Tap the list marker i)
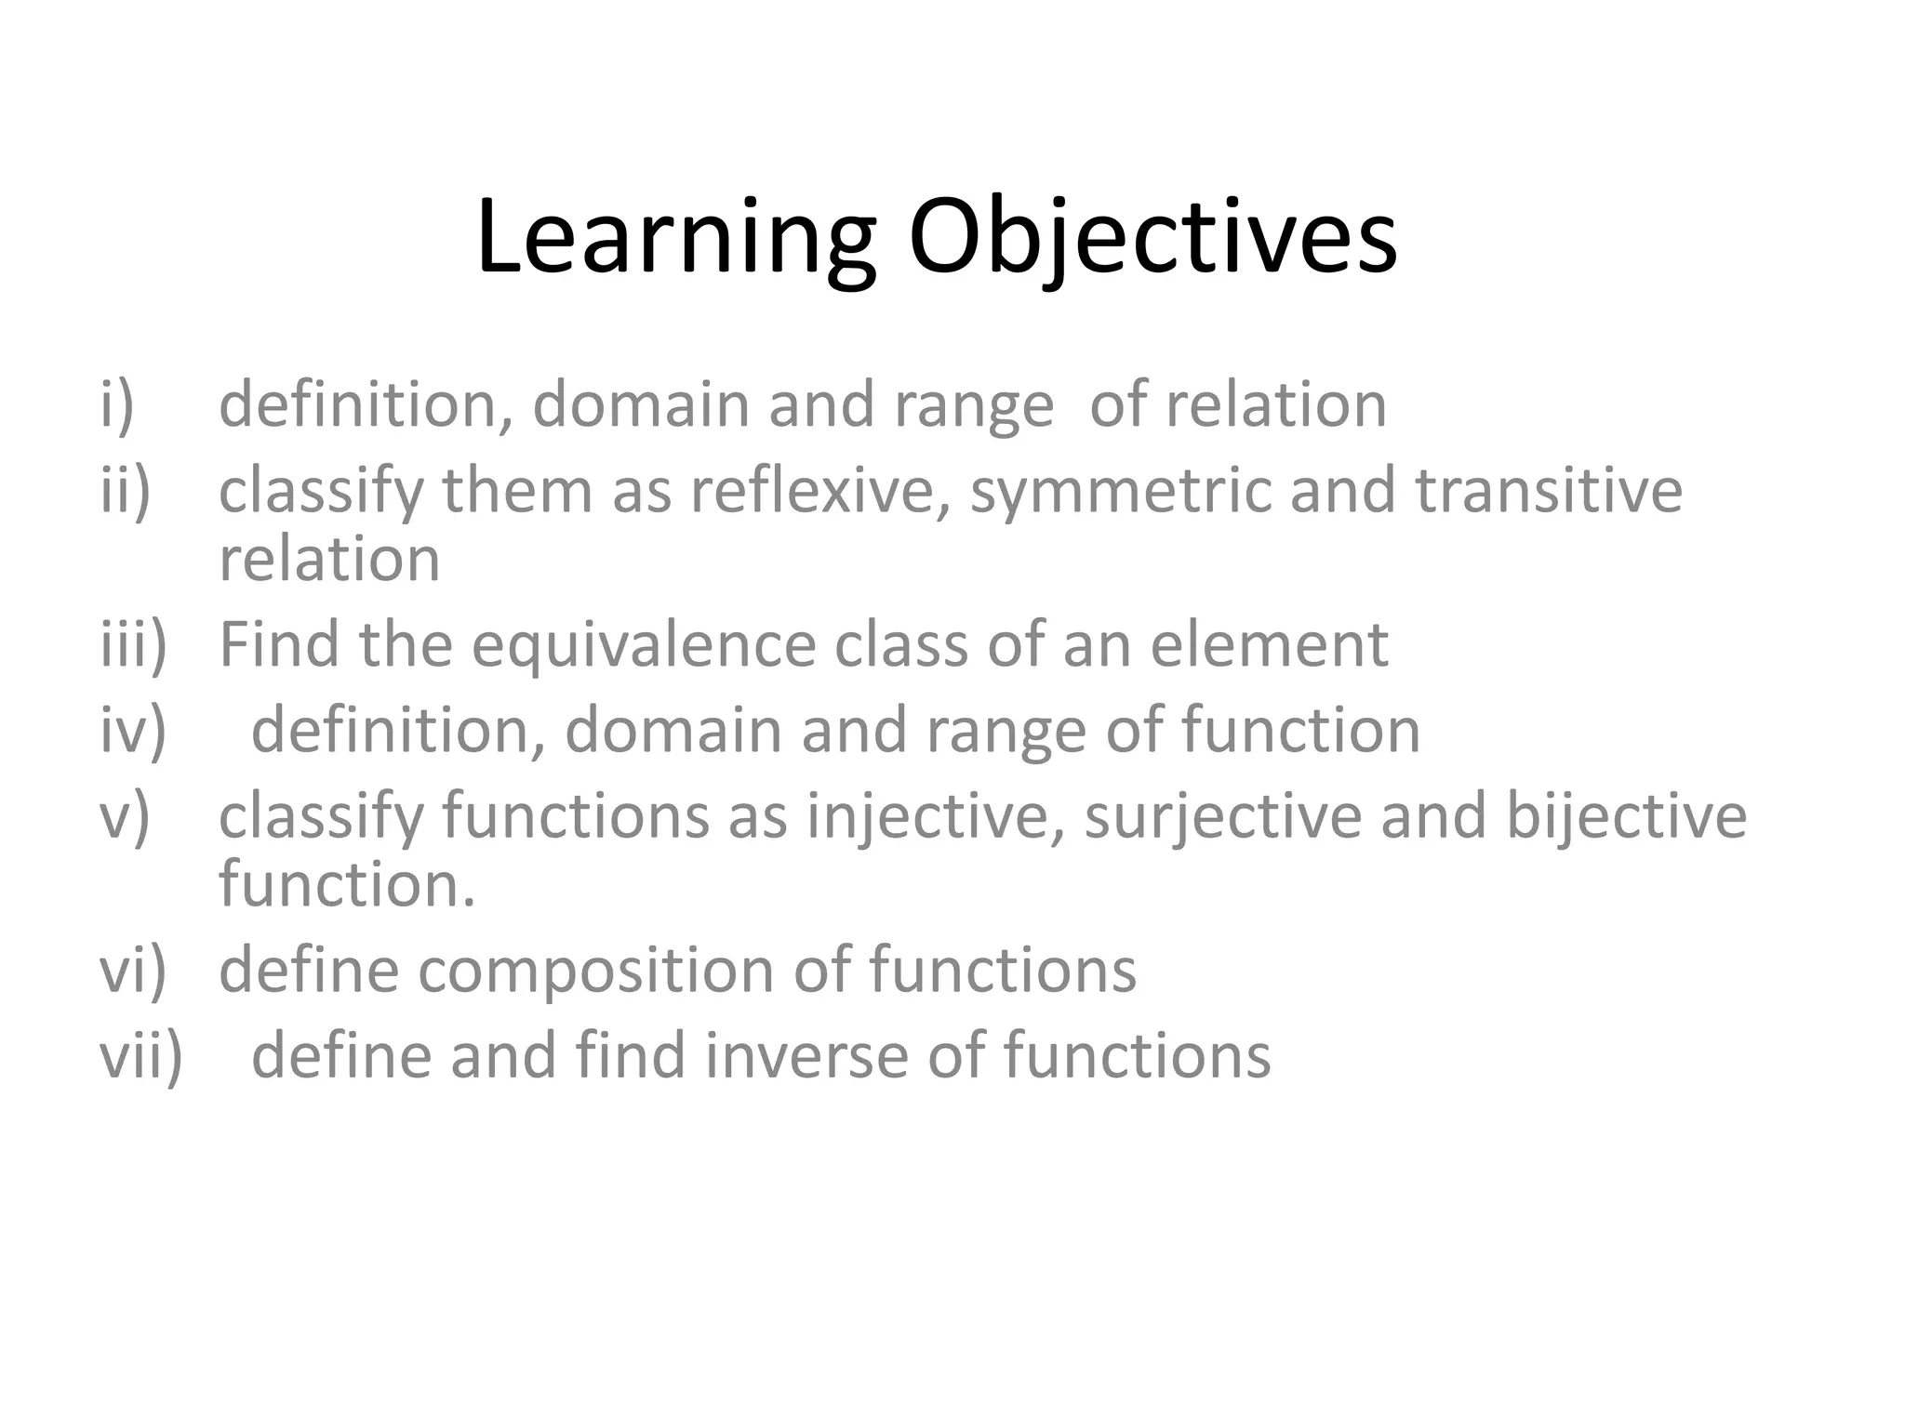pyautogui.click(x=117, y=406)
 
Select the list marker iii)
pyautogui.click(x=134, y=644)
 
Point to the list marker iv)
pyautogui.click(x=133, y=730)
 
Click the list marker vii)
pyautogui.click(x=141, y=1056)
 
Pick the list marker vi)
pyautogui.click(x=133, y=971)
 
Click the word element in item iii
pyautogui.click(x=1269, y=644)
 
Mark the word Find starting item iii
pyautogui.click(x=279, y=644)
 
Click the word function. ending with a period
pyautogui.click(x=346, y=884)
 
